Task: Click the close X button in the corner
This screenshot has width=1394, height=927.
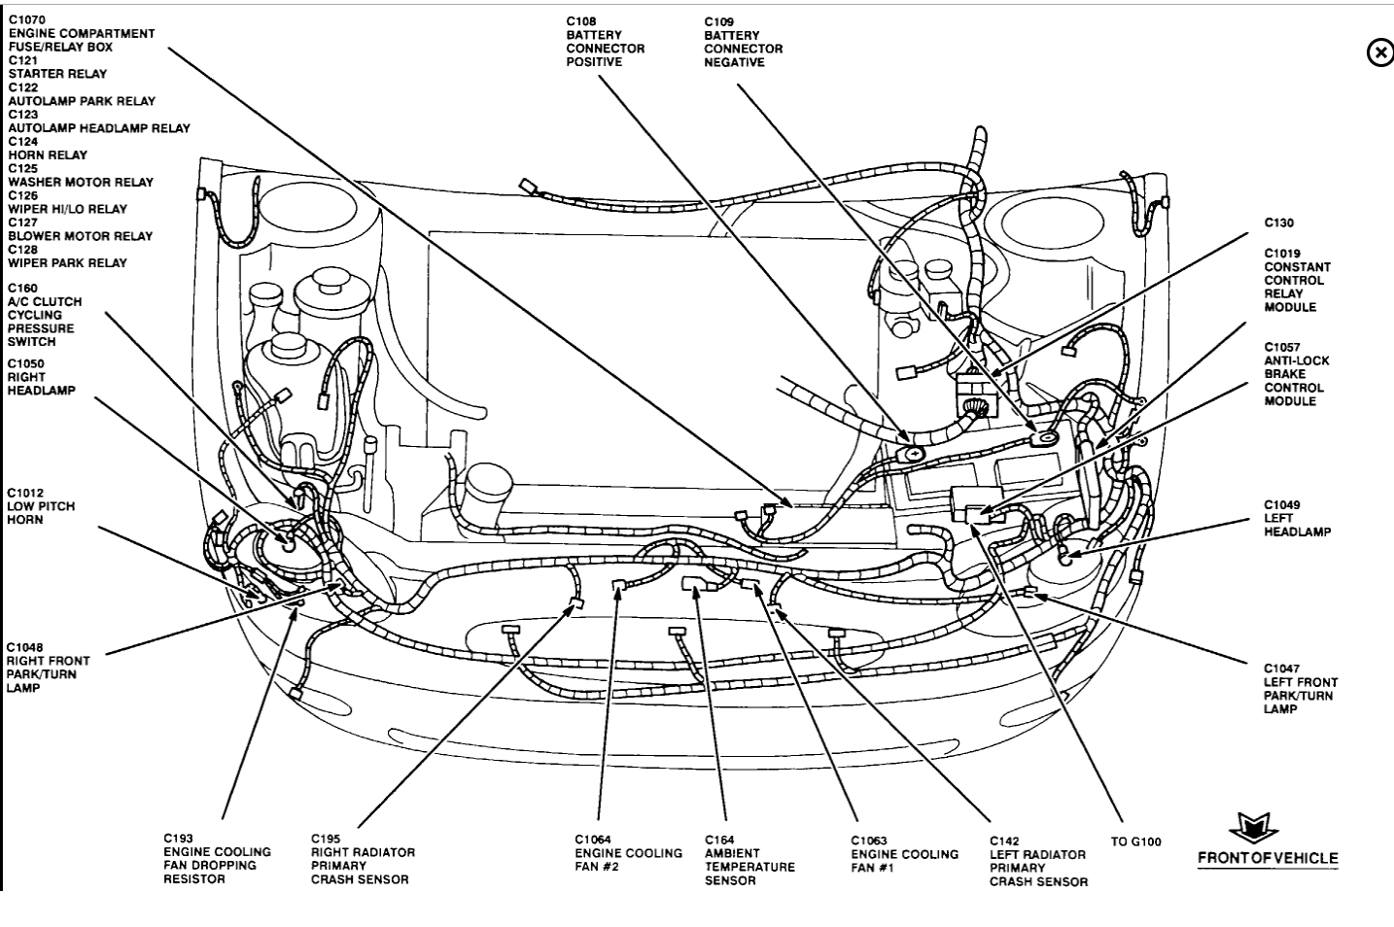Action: click(1379, 52)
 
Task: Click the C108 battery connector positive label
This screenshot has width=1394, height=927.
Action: click(605, 42)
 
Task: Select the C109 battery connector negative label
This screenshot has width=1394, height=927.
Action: click(743, 42)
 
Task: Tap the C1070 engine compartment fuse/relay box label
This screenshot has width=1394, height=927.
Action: click(81, 33)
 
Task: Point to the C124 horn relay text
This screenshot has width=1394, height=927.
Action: click(48, 148)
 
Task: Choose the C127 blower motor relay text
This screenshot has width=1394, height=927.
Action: click(81, 229)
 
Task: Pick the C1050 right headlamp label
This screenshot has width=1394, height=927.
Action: click(41, 377)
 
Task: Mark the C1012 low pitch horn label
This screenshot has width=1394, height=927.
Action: click(40, 506)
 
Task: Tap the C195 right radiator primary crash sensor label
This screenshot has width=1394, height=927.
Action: click(363, 859)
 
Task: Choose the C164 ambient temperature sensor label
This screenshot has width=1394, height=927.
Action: click(749, 860)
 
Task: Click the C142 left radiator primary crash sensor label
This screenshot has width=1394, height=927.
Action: click(1038, 861)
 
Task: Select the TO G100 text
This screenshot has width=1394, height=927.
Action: click(1135, 841)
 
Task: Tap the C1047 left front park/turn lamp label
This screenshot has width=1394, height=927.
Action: click(1301, 689)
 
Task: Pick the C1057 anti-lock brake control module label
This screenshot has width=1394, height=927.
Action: click(1297, 374)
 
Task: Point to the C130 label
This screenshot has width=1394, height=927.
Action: click(1278, 223)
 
